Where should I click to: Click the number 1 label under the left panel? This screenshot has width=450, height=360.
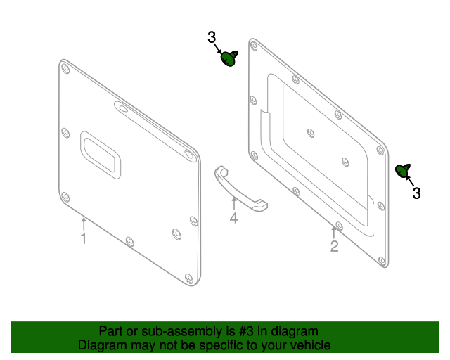[83, 239]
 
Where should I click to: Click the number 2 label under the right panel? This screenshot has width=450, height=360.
[334, 246]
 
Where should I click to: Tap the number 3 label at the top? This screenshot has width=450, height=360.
[212, 38]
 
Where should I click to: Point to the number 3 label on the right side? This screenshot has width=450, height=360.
[416, 193]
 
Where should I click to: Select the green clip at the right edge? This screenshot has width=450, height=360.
[403, 171]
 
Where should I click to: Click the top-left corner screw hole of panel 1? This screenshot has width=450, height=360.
[65, 68]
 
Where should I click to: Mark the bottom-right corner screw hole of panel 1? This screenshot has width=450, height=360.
[188, 277]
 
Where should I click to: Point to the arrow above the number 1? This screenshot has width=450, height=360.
[83, 223]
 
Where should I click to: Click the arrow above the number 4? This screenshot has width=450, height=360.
[233, 202]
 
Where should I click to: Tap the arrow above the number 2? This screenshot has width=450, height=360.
[334, 230]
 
